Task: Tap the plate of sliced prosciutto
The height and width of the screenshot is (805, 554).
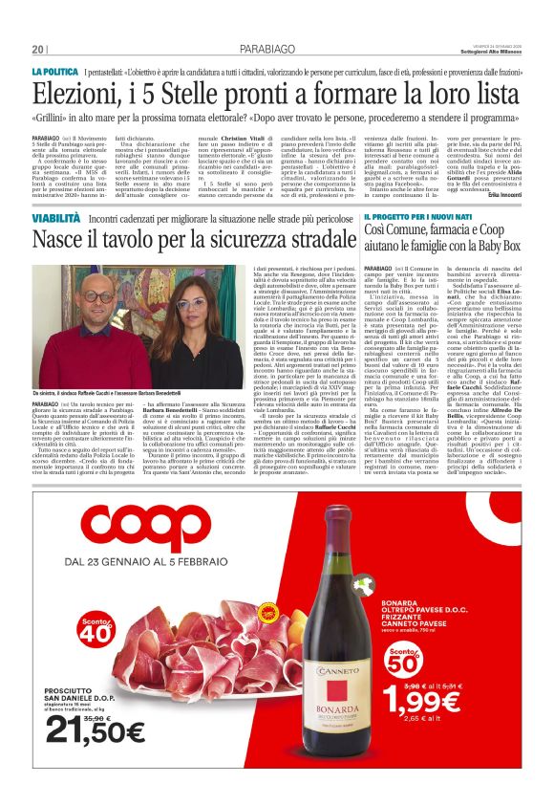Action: pos(191,650)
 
